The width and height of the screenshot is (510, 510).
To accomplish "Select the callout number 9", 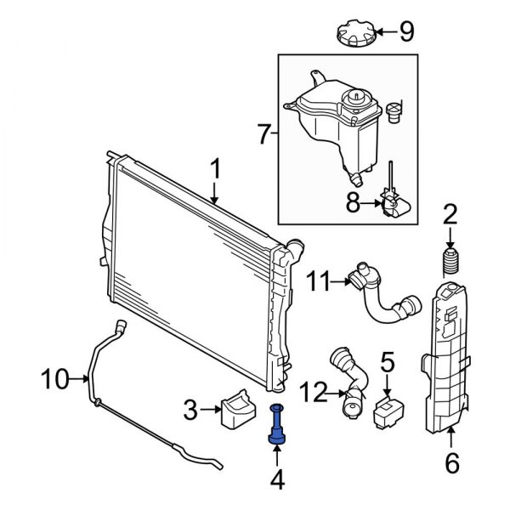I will point(406,33).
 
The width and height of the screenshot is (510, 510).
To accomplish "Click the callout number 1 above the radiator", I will point(215,170).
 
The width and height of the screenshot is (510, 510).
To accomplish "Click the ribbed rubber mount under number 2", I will point(450,260).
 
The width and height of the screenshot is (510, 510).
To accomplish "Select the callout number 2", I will point(450,213).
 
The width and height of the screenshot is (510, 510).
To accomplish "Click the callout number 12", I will point(313,392).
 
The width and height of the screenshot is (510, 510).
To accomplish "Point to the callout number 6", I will point(451,463).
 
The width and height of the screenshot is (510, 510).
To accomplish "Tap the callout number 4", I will point(277,481).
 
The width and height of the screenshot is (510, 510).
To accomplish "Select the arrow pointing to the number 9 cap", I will point(384,33).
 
